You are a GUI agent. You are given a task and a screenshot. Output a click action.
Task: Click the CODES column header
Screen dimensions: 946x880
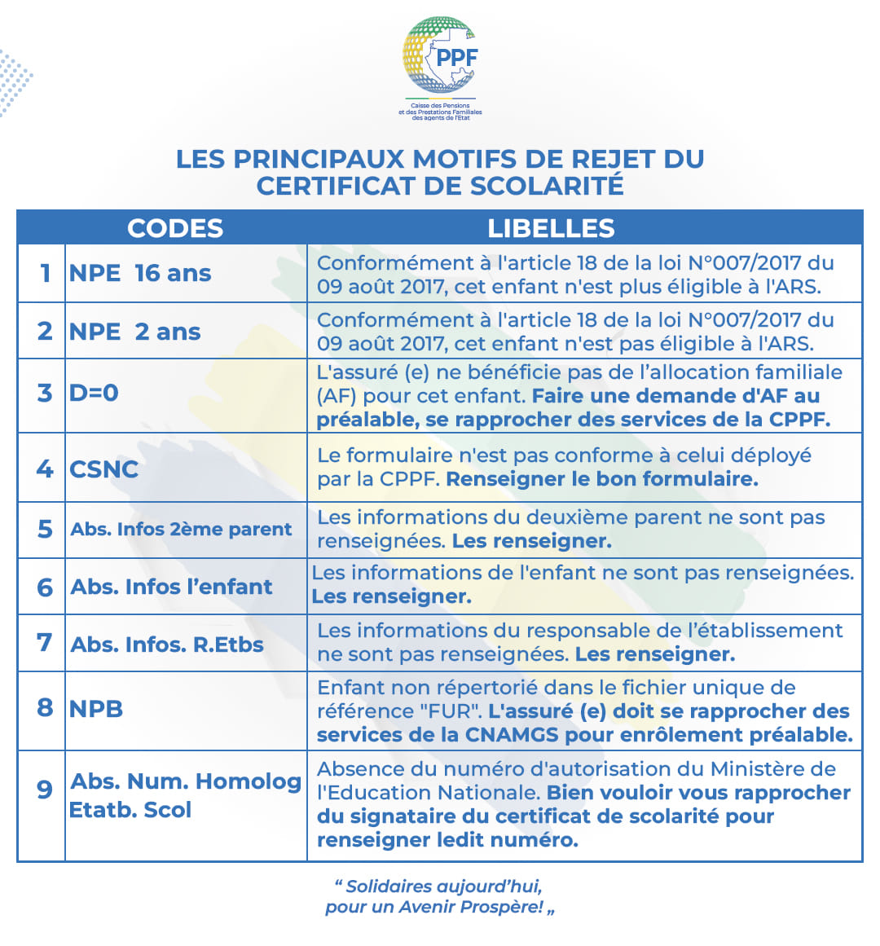[175, 228]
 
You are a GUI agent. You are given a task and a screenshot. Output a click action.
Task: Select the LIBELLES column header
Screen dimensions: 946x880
[551, 228]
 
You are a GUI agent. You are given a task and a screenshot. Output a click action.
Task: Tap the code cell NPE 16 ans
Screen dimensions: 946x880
[140, 273]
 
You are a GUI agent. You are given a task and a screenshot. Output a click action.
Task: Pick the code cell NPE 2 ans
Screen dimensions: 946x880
[135, 332]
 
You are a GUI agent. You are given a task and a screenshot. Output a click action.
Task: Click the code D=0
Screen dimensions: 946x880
[94, 393]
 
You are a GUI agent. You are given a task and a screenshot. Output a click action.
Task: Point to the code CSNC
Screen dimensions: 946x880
[103, 469]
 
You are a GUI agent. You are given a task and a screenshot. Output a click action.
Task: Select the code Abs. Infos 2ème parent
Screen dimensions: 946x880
[181, 529]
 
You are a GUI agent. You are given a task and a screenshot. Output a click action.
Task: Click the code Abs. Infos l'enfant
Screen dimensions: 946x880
[171, 587]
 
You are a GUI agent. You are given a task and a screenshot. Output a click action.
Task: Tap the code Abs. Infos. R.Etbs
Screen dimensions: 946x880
[167, 645]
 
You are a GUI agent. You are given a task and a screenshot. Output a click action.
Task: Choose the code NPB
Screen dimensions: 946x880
[96, 708]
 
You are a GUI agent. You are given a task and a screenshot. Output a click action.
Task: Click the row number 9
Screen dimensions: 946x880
[45, 790]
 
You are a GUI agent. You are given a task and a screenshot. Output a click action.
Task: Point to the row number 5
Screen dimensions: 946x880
[45, 529]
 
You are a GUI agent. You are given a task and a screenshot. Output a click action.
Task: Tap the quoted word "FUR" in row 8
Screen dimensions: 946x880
[451, 711]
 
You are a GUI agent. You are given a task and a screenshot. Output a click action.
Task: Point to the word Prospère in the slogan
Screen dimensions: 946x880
[502, 907]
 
